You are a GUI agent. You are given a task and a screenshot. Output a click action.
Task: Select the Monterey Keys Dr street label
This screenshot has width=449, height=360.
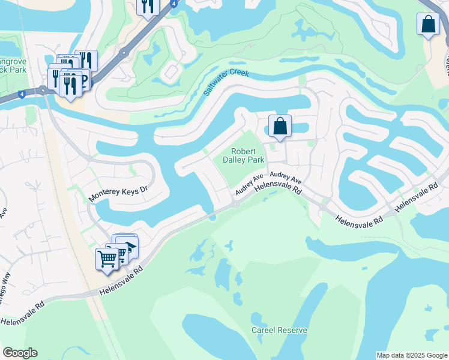(118, 193)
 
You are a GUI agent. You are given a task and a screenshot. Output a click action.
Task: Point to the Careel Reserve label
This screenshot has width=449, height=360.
(279, 330)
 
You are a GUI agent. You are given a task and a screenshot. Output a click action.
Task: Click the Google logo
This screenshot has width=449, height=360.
(20, 353)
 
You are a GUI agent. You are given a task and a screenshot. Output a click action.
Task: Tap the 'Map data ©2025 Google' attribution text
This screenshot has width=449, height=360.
(412, 355)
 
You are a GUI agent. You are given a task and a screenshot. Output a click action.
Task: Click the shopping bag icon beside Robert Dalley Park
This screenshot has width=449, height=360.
(280, 126)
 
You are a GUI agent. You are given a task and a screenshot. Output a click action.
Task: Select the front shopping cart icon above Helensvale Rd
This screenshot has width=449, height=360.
(107, 259)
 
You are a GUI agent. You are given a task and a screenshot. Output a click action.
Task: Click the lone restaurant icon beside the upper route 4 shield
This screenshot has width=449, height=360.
(148, 7)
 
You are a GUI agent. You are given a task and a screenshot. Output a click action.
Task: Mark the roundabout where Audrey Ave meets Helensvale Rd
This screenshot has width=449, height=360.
(235, 204)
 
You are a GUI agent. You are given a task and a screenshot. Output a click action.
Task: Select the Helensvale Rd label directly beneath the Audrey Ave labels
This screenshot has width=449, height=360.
(277, 188)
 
